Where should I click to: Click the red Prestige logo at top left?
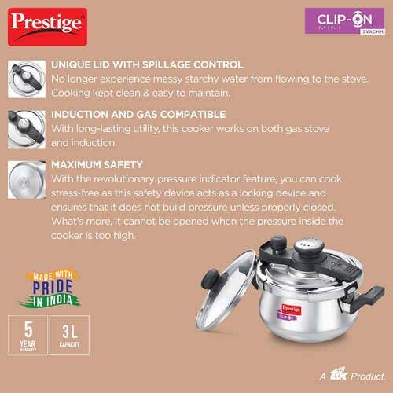[x=47, y=27]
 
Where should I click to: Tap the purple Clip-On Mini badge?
[x=345, y=21]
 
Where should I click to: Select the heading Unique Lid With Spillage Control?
[x=147, y=64]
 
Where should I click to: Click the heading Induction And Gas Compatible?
[x=138, y=115]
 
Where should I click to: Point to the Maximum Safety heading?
[x=97, y=165]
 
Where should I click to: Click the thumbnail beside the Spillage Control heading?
[x=27, y=79]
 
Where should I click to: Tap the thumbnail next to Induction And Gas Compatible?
[x=27, y=130]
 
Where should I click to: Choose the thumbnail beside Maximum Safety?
[x=27, y=180]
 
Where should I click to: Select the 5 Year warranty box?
[x=28, y=335]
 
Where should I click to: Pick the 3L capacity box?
[x=69, y=335]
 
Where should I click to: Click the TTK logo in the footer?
[x=338, y=375]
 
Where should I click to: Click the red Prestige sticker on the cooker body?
[x=291, y=310]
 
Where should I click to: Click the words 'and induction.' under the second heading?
[x=83, y=143]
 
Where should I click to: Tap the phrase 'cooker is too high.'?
[x=94, y=236]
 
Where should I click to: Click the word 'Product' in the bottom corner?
[x=368, y=376]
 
